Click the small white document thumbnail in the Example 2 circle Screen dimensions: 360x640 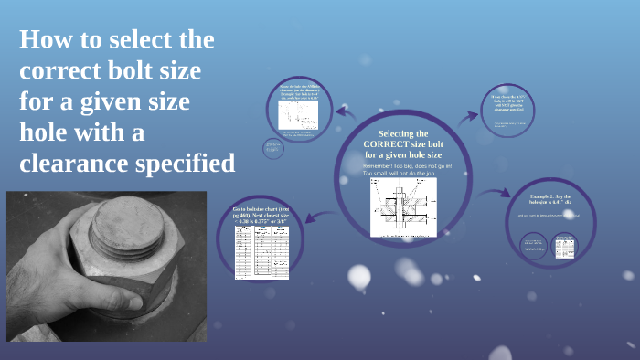[564, 245]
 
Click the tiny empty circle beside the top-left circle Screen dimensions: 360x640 [272, 147]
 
